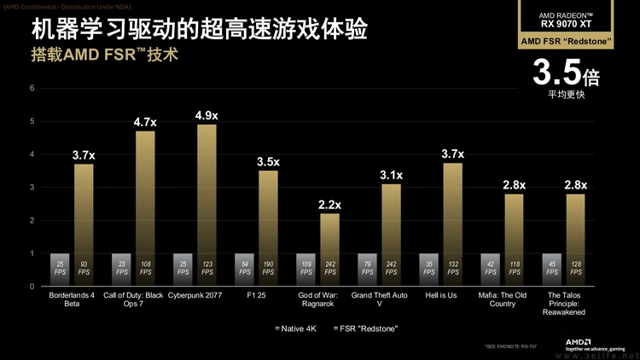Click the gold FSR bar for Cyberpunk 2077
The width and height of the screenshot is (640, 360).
click(x=207, y=205)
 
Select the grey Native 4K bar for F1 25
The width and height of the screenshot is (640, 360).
click(x=245, y=270)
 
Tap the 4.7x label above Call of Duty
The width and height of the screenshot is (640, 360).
click(x=145, y=122)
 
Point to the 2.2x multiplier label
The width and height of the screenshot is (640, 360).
click(x=329, y=205)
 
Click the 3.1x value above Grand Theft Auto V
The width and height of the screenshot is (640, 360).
click(x=391, y=175)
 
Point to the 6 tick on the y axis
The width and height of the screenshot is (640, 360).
click(x=32, y=88)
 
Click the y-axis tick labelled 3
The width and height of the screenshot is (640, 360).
click(x=32, y=188)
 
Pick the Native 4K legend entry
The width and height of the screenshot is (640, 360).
click(x=300, y=328)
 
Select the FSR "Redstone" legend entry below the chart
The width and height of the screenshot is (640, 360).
click(x=367, y=328)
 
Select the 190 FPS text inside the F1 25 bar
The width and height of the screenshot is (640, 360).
click(x=268, y=270)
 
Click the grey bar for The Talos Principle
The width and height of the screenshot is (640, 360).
click(x=552, y=270)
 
